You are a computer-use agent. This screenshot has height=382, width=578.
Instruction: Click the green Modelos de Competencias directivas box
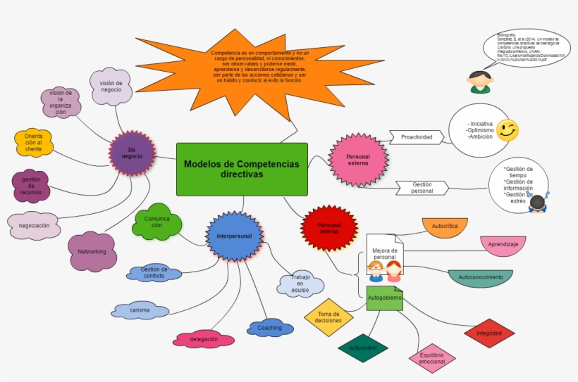click(241, 169)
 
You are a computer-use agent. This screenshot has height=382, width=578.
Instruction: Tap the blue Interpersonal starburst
click(234, 236)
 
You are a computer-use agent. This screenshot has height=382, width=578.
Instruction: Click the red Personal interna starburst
click(329, 228)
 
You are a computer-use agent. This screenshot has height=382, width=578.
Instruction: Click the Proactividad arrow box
click(417, 137)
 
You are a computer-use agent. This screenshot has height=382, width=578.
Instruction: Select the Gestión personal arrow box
click(422, 188)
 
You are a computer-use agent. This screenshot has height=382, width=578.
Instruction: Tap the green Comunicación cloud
click(157, 223)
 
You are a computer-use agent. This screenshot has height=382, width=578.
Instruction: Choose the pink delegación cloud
click(204, 339)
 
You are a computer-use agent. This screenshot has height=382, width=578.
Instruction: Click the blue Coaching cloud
click(270, 328)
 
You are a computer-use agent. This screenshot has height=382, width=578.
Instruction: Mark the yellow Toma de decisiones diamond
click(328, 317)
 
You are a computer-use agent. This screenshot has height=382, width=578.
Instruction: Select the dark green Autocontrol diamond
click(363, 348)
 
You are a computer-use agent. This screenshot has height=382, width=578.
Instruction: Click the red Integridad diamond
click(489, 333)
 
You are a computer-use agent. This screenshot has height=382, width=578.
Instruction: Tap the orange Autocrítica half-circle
click(445, 227)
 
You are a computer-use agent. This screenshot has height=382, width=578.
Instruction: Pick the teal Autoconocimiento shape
click(481, 278)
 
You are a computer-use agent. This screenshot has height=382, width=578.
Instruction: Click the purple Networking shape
click(92, 252)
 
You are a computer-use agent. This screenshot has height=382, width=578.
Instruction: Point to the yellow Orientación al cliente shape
click(34, 143)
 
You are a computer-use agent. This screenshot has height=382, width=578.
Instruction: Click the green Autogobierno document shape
click(384, 298)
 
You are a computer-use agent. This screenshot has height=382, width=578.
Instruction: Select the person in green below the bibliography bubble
click(481, 82)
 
